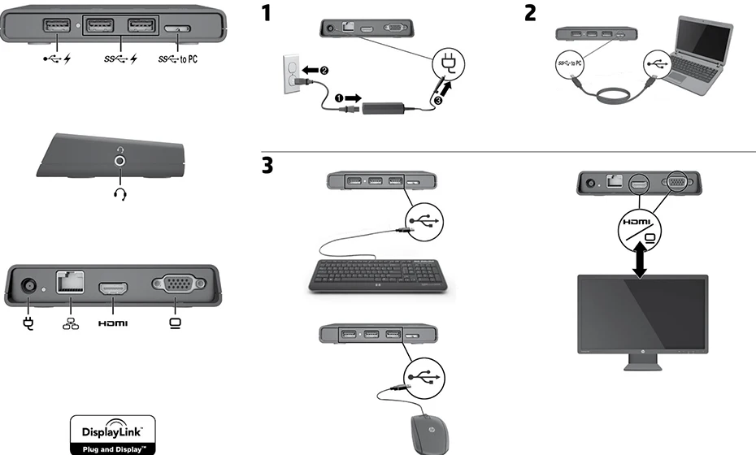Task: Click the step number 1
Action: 266,14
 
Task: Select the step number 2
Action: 530,14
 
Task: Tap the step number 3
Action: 267,165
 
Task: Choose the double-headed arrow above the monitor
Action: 641,258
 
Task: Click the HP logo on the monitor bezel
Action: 641,354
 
